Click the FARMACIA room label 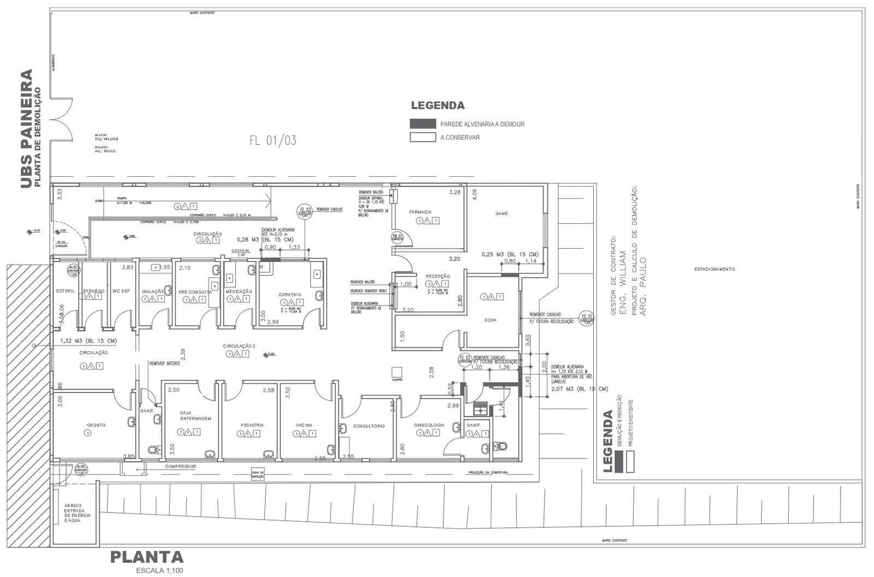421,212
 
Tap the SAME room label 501,213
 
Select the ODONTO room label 96,425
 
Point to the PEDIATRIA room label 252,425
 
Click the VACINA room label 304,425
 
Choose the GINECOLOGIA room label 429,425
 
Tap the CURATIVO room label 290,295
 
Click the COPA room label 490,320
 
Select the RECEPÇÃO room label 438,276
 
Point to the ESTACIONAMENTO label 714,269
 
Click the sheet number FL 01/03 273,140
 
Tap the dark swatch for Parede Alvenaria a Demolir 423,124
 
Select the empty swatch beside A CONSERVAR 423,138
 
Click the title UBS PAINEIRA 26,129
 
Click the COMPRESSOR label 180,467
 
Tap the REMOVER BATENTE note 164,363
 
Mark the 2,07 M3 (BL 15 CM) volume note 580,389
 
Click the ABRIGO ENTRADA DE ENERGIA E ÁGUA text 78,513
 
